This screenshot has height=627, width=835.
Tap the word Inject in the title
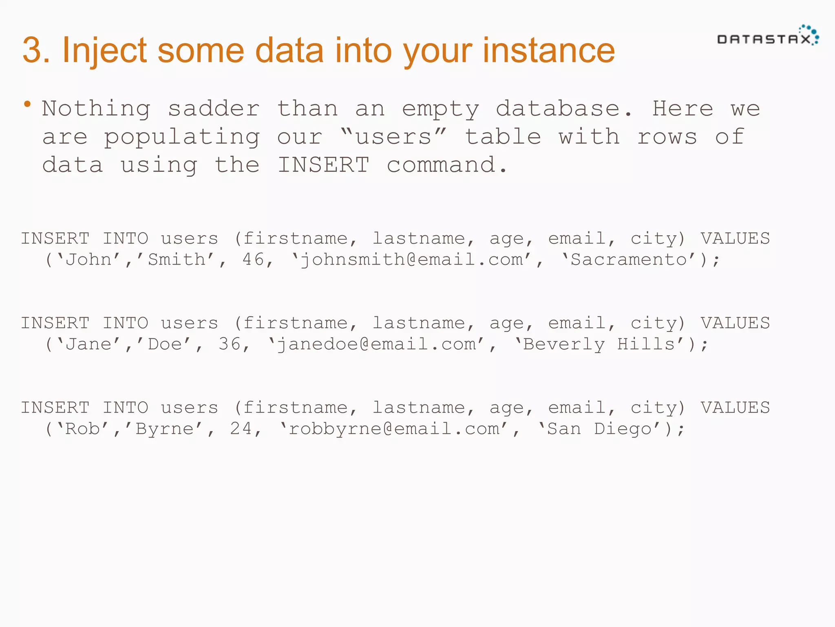(104, 51)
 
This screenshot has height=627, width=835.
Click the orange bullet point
(27, 104)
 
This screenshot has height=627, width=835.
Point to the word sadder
(214, 109)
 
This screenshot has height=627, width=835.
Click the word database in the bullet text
(558, 109)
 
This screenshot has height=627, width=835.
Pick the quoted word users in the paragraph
(393, 137)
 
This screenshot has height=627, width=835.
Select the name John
(88, 260)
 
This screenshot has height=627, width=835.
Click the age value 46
(253, 260)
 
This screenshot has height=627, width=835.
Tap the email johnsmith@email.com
(412, 260)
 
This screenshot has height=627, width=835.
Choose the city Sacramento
(628, 260)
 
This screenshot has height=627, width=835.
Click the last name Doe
(165, 344)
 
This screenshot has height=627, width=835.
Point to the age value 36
(230, 344)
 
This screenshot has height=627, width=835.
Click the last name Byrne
(165, 429)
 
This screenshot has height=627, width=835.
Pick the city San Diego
(599, 429)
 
